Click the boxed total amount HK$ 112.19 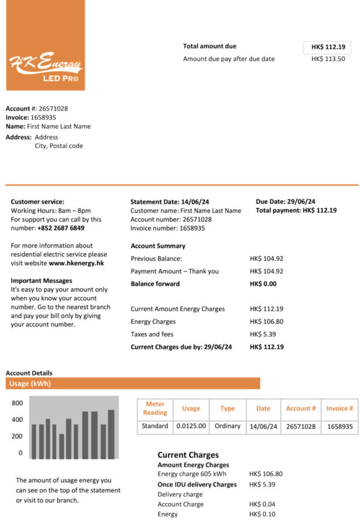click(328, 47)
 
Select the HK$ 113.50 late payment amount click(328, 59)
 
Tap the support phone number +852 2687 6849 click(61, 228)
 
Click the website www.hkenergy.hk click(76, 263)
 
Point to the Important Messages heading click(41, 280)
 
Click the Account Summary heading click(158, 246)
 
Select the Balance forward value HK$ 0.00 click(263, 284)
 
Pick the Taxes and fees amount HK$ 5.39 click(262, 334)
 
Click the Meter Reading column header click(155, 408)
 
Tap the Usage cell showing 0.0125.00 click(191, 426)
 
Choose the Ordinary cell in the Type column click(227, 426)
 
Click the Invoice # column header click(340, 408)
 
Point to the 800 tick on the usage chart click(17, 403)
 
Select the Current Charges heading click(188, 455)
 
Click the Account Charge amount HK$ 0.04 click(262, 504)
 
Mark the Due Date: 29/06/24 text click(285, 202)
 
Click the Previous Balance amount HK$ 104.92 click(266, 258)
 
